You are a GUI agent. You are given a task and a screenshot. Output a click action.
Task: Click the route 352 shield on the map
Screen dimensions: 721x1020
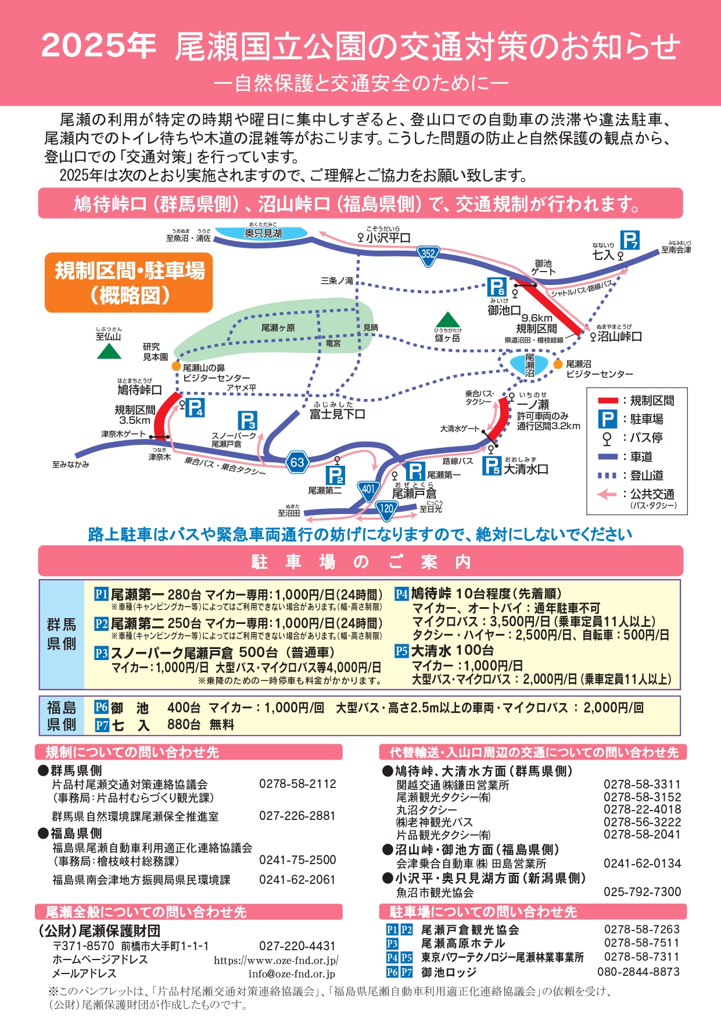point(428,255)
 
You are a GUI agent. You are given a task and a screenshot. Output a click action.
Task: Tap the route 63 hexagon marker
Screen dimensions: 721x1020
point(297,462)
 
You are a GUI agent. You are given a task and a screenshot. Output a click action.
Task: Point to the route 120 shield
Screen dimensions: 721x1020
point(387,510)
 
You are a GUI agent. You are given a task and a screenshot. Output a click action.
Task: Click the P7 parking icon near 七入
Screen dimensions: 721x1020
point(630,240)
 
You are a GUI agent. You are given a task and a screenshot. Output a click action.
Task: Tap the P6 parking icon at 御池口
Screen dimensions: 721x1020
point(497,287)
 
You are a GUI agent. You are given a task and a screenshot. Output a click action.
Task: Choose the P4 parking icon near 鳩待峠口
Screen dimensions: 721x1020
point(195,408)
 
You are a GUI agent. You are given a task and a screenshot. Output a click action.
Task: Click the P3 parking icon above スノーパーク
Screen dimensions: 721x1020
point(247,420)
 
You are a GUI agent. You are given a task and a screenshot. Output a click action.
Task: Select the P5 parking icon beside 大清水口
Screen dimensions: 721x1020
point(492,465)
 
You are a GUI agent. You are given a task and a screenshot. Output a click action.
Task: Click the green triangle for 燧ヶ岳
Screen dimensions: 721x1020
point(447,320)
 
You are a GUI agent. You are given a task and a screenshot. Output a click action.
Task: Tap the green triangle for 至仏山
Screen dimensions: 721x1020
point(109,351)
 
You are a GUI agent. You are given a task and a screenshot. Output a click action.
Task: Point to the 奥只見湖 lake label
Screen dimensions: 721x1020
point(263,233)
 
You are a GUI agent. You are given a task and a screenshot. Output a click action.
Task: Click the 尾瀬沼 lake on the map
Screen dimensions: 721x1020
point(529,365)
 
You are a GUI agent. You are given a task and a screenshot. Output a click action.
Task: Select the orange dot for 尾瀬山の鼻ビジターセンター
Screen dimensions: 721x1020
point(176,367)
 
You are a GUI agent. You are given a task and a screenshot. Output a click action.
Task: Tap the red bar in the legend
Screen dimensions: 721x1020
point(608,400)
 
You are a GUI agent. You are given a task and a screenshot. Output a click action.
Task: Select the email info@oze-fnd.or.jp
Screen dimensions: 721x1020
point(292,973)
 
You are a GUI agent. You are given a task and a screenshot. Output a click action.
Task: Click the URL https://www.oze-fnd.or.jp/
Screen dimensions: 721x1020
point(276,961)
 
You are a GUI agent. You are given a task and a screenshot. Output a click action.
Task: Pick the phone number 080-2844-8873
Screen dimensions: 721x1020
point(639,972)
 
